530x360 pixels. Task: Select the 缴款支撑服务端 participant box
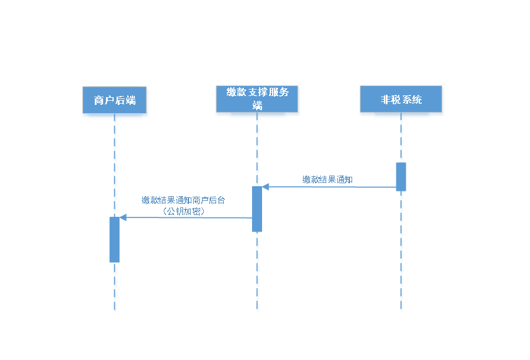pyautogui.click(x=257, y=101)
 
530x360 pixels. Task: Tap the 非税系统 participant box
pyautogui.click(x=401, y=101)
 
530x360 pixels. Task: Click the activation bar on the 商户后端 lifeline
pyautogui.click(x=114, y=239)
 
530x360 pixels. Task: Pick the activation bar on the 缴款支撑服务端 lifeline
pyautogui.click(x=257, y=209)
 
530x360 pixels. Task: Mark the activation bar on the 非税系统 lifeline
pyautogui.click(x=401, y=176)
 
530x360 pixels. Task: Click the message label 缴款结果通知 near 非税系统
pyautogui.click(x=327, y=180)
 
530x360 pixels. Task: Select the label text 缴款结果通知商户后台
pyautogui.click(x=183, y=200)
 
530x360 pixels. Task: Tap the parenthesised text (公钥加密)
pyautogui.click(x=183, y=212)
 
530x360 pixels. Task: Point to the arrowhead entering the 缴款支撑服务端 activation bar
pyautogui.click(x=266, y=187)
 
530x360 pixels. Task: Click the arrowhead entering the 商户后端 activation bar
pyautogui.click(x=123, y=217)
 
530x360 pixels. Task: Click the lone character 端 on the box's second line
pyautogui.click(x=257, y=106)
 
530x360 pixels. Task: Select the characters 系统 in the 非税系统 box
pyautogui.click(x=412, y=100)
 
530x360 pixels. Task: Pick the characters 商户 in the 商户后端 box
pyautogui.click(x=104, y=101)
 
